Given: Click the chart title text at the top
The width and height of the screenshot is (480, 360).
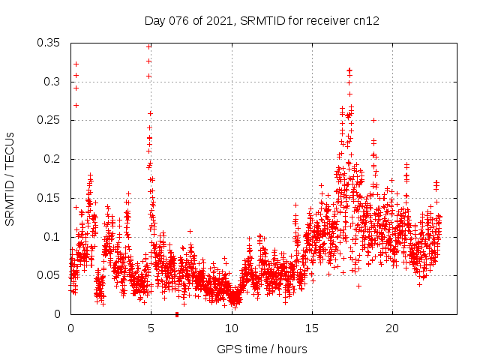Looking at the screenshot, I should tap(262, 21).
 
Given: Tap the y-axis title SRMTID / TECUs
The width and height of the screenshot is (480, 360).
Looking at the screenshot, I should tap(10, 179).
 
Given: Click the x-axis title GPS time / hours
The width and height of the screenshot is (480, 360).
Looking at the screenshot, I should tap(262, 349).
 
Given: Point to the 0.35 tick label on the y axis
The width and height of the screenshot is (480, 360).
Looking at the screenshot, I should tap(50, 43).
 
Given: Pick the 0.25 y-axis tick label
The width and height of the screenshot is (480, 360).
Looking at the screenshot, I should tap(50, 120).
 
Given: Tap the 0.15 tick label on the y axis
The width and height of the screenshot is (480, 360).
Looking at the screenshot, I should tap(50, 198).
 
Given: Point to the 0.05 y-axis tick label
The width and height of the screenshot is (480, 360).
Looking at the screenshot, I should tap(50, 275).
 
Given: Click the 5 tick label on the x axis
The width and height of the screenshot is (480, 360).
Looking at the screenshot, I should tap(151, 328).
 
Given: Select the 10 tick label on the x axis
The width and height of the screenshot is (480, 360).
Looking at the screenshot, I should tap(231, 328).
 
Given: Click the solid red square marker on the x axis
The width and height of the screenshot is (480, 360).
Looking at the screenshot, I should tap(176, 314).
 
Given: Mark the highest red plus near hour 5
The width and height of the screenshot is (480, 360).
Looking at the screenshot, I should tap(148, 46).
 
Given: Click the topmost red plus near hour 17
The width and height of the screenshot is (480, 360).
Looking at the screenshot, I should tap(349, 70).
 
